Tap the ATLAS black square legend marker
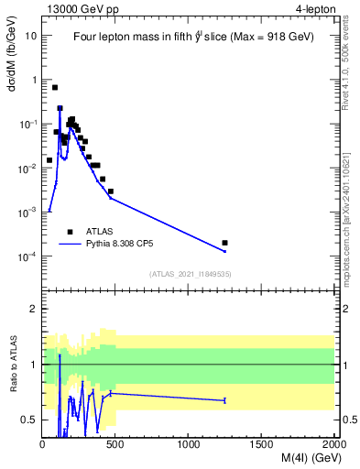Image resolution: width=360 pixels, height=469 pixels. (x=70, y=232)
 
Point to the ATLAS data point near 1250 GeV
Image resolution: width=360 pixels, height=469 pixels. (x=225, y=243)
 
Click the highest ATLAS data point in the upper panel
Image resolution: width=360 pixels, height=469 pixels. (x=55, y=88)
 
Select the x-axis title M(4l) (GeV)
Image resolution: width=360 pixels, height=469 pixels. (x=293, y=459)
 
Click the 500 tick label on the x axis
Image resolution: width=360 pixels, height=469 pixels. (x=115, y=444)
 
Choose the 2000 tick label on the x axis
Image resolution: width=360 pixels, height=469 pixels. (x=333, y=444)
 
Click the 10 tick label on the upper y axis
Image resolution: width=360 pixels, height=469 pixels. (x=30, y=36)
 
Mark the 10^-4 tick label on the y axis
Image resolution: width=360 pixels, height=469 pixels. (x=27, y=256)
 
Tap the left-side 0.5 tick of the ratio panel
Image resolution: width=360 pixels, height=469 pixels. (x=31, y=420)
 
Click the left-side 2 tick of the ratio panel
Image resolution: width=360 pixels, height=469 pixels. (x=34, y=309)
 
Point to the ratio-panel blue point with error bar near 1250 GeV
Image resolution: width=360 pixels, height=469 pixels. (x=225, y=400)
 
